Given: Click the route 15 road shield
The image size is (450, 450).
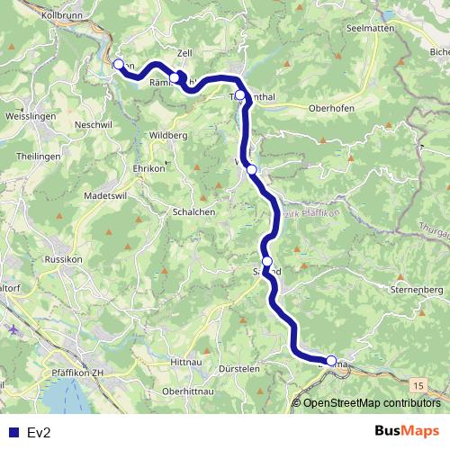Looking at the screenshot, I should pos(418,384).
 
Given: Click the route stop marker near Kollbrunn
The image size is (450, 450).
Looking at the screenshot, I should pos(118,65).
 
